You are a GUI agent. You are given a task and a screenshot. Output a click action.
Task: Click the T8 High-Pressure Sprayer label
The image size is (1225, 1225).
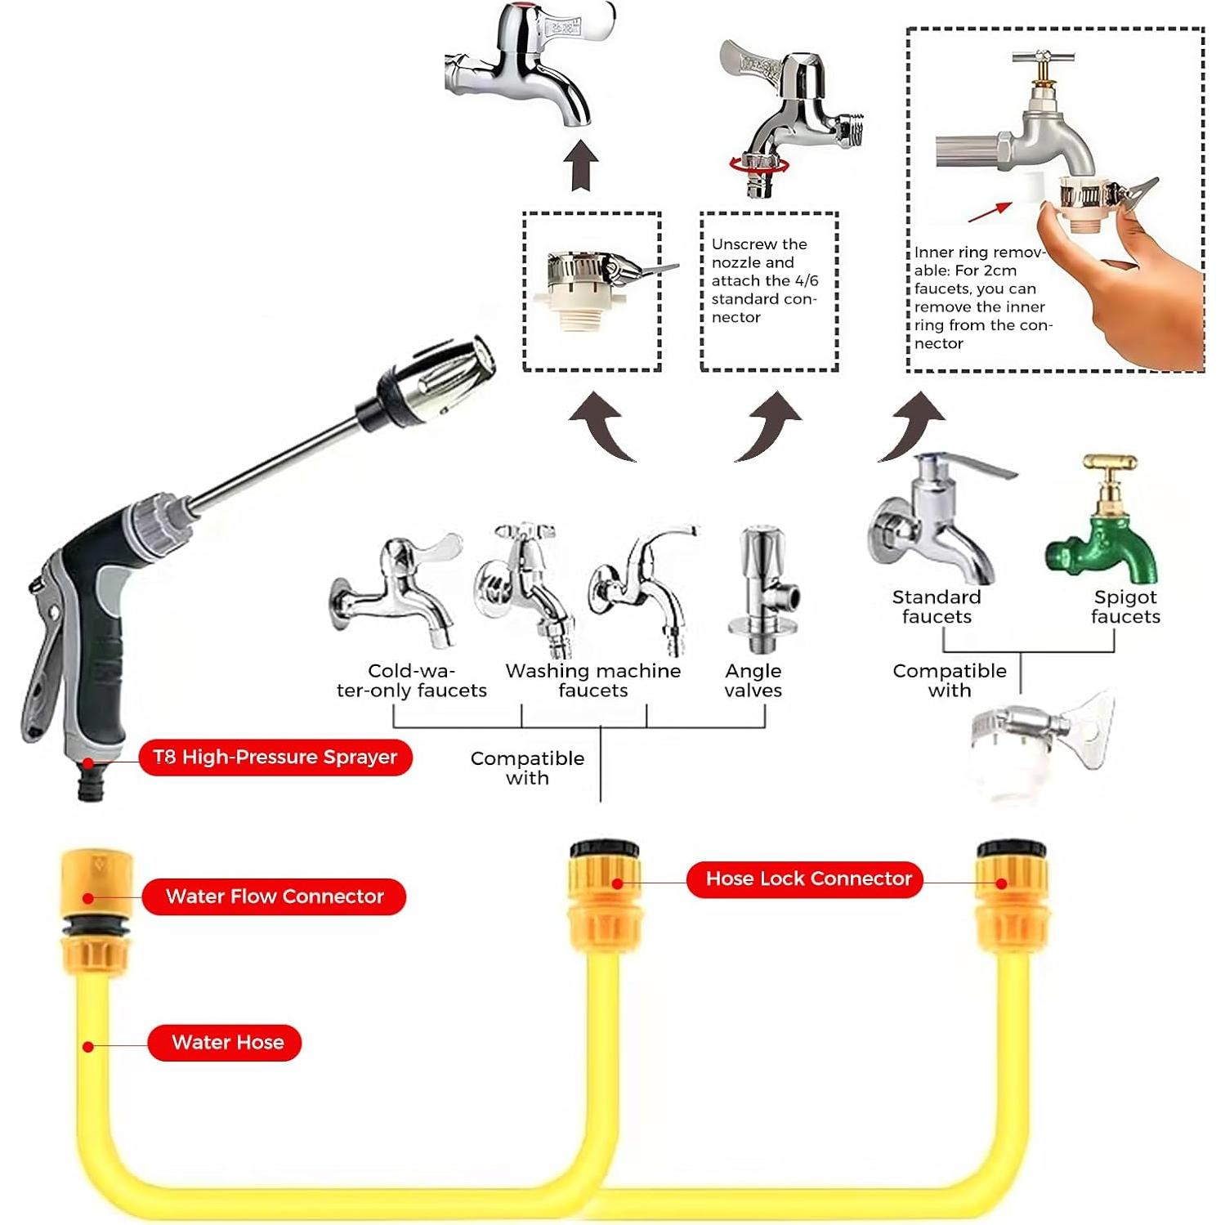pyautogui.click(x=275, y=758)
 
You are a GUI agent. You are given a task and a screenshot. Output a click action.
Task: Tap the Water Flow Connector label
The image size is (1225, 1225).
pyautogui.click(x=274, y=896)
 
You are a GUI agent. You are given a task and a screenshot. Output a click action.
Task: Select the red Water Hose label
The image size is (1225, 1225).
pyautogui.click(x=225, y=1043)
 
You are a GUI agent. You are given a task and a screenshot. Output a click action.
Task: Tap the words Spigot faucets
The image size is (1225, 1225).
pyautogui.click(x=1125, y=607)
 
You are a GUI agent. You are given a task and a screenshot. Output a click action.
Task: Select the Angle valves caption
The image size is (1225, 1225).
pyautogui.click(x=753, y=681)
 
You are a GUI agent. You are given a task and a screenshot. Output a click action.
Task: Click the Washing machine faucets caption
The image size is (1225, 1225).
pyautogui.click(x=593, y=681)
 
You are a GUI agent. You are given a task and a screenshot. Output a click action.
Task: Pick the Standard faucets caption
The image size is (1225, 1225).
pyautogui.click(x=937, y=607)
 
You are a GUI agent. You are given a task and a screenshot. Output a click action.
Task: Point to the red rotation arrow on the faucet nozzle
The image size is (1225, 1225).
pyautogui.click(x=759, y=164)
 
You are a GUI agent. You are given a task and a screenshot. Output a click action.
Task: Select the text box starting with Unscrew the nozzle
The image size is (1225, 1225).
pyautogui.click(x=769, y=292)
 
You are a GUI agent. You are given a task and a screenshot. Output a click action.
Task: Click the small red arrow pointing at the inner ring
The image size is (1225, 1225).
pyautogui.click(x=989, y=212)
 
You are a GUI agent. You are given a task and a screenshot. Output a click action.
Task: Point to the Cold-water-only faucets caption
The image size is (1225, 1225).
pyautogui.click(x=411, y=681)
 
